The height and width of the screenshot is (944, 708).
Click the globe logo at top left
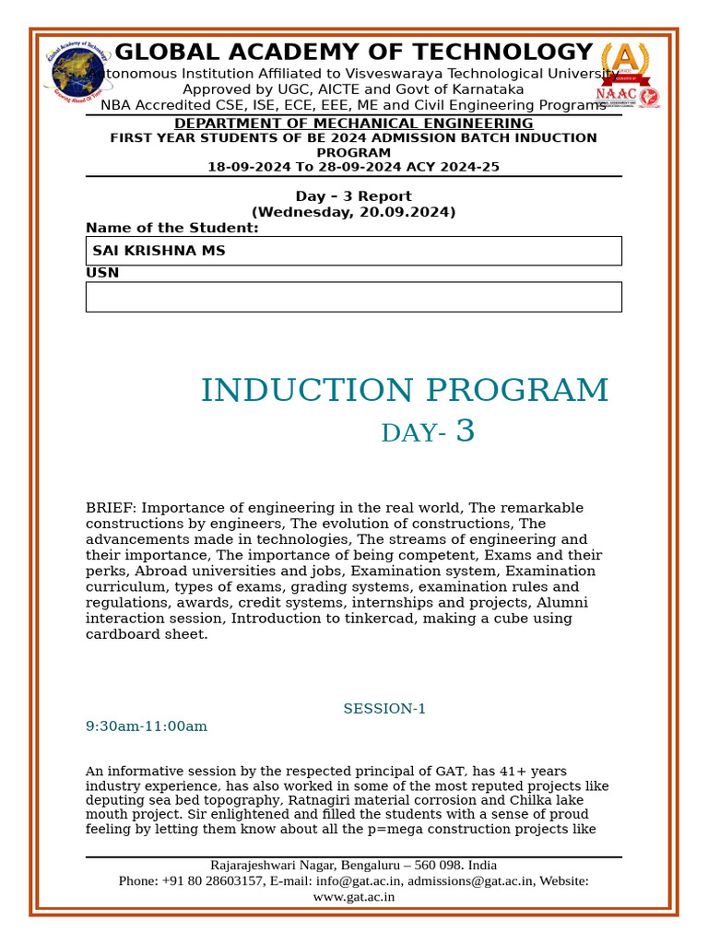[x=77, y=73]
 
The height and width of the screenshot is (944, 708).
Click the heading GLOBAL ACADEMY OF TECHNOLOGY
[x=353, y=53]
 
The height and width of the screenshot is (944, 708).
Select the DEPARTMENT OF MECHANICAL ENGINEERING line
[x=353, y=124]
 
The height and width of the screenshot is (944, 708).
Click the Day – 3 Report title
[x=353, y=196]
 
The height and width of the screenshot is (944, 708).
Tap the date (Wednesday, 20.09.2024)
[x=353, y=212]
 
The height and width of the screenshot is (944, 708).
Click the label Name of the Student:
[x=172, y=228]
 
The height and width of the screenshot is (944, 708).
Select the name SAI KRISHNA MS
[x=159, y=251]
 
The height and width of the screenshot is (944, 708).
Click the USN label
[x=102, y=273]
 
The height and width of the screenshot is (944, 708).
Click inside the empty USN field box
[x=353, y=297]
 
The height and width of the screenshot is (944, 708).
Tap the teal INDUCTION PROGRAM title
[x=405, y=391]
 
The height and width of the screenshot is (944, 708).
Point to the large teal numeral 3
[x=466, y=431]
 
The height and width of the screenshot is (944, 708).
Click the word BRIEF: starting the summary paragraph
[x=112, y=508]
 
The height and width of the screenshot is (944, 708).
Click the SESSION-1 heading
[x=384, y=709]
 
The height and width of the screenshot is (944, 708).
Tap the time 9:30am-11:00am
[x=147, y=726]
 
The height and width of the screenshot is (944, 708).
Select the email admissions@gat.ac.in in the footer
[x=470, y=881]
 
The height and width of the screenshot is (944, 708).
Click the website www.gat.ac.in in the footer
[x=353, y=896]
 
